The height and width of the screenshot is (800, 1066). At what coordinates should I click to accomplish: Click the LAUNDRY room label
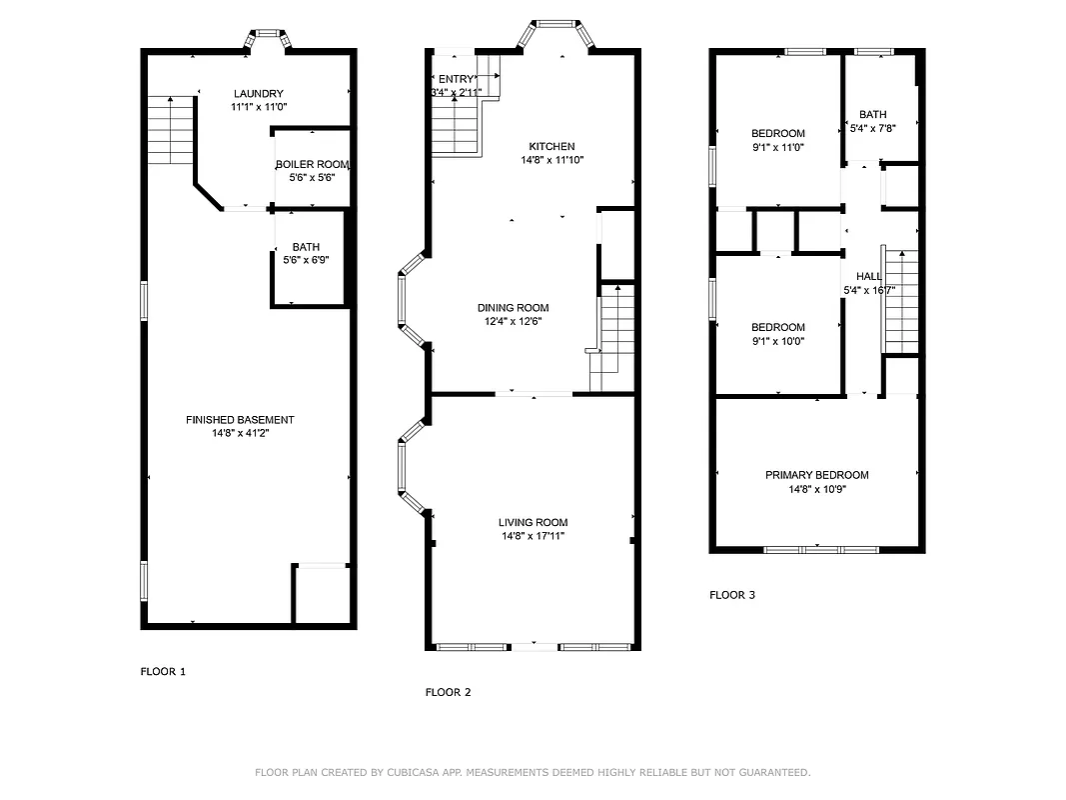click(x=258, y=94)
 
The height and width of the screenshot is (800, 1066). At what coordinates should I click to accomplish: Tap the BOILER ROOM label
click(x=312, y=164)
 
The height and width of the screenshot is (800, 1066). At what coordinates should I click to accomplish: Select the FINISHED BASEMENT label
click(x=240, y=420)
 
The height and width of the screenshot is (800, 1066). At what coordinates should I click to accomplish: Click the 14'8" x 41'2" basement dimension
click(x=240, y=434)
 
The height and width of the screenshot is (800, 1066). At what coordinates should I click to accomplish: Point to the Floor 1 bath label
click(x=306, y=247)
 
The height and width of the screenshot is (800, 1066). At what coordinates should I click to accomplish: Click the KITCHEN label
click(x=551, y=146)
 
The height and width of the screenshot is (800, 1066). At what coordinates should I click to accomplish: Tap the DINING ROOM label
click(x=513, y=308)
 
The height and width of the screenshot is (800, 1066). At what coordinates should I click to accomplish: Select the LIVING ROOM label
click(x=533, y=522)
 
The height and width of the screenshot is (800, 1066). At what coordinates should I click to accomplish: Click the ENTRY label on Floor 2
click(x=456, y=79)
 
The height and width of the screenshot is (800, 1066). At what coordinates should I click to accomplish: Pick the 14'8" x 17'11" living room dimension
click(x=533, y=536)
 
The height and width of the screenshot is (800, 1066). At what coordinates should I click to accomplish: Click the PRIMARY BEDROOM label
click(x=816, y=475)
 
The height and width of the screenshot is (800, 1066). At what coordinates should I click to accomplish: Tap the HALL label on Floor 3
click(x=868, y=277)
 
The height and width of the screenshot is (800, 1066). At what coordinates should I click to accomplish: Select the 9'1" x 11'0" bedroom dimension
click(x=777, y=147)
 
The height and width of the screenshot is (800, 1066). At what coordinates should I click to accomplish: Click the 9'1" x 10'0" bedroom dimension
click(x=777, y=341)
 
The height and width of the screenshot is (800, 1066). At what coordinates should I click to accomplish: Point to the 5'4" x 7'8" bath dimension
click(x=872, y=128)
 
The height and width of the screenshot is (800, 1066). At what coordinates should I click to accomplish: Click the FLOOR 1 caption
click(x=163, y=672)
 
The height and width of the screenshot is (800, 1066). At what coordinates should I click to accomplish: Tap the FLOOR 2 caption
click(x=448, y=692)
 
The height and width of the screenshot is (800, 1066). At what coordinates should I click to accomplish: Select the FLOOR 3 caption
click(x=732, y=595)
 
